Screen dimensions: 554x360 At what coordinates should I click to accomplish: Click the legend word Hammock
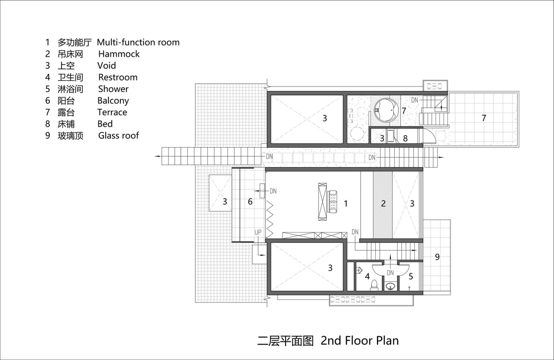coord(119,54)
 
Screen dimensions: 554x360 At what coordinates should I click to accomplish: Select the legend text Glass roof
coord(119,136)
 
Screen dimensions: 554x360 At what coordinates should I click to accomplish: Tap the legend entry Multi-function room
coord(138,42)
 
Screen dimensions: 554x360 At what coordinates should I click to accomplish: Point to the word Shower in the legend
coord(113,89)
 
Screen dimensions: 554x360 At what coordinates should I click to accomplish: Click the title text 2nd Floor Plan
coord(360,340)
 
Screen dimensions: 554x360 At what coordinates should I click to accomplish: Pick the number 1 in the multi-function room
coord(346,204)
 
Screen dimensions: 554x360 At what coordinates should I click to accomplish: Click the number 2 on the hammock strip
coord(383,203)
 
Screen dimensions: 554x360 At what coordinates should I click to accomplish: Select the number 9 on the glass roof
coord(437,257)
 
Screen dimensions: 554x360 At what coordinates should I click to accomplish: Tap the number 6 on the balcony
coord(250,202)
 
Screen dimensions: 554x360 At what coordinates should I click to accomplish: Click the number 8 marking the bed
coord(405,138)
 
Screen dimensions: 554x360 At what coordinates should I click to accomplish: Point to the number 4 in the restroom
coord(367,276)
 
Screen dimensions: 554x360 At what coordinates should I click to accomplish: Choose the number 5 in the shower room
coord(411,276)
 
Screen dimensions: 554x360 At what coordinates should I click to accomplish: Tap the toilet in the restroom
coord(374,285)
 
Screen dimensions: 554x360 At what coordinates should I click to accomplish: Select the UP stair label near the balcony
coord(258,232)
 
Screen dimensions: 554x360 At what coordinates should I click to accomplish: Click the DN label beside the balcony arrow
coord(273,191)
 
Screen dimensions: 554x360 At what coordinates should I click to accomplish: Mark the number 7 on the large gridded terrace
coord(484,118)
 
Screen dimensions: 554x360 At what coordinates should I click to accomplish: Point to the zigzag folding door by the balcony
coord(269,219)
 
